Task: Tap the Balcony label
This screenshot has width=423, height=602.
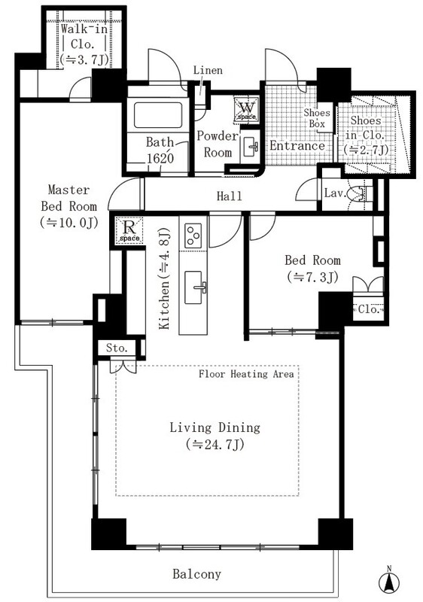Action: [196, 574]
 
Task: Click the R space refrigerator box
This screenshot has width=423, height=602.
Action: [129, 230]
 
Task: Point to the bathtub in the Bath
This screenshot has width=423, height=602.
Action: [158, 115]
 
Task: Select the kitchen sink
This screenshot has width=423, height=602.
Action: [194, 287]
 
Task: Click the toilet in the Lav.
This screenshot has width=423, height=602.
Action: [360, 194]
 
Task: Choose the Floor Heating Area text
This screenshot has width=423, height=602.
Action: [246, 374]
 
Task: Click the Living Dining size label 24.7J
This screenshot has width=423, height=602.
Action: [215, 444]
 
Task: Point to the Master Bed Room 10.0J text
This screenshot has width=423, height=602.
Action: [69, 223]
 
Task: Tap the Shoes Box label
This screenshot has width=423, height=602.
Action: [317, 118]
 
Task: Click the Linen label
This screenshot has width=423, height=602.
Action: [208, 70]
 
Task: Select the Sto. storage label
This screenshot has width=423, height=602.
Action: [117, 348]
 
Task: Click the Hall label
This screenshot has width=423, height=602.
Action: [229, 196]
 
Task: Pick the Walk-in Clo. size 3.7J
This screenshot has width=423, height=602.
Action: [84, 59]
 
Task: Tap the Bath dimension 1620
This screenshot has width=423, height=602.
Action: [160, 159]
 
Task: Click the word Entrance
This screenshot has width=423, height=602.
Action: [297, 146]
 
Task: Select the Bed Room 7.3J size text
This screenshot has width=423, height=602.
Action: [312, 277]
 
